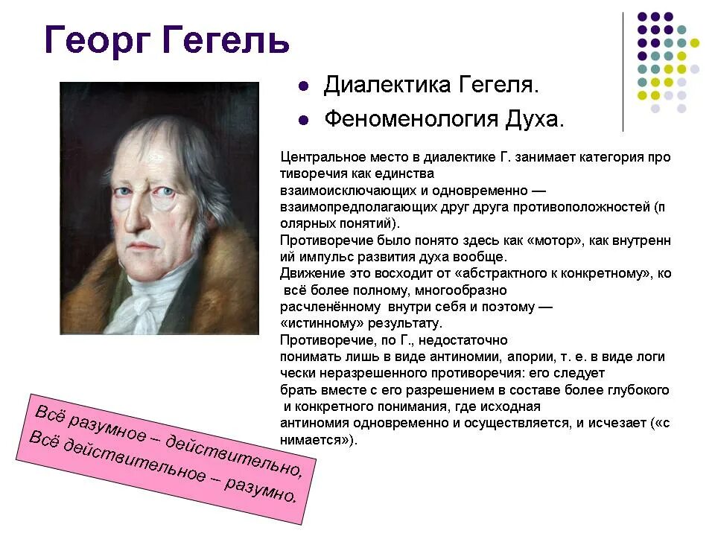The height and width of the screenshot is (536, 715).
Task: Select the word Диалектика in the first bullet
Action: pos(383,86)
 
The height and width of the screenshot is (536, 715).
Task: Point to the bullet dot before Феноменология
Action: pos(303,120)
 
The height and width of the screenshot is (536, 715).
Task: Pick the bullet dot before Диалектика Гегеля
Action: pos(303,86)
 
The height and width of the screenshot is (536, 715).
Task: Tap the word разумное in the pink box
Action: pos(112,425)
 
